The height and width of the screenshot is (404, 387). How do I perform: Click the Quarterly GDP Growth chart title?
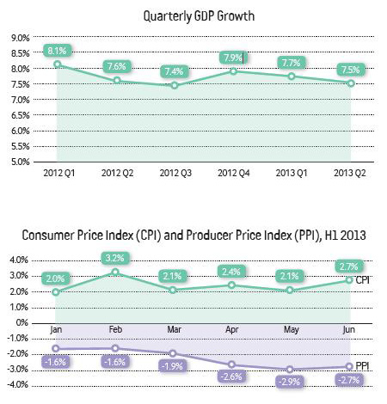tap(199, 16)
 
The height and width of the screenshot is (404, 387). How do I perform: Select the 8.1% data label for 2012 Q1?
tap(57, 51)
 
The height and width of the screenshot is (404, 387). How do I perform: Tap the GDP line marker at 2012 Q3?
tap(175, 85)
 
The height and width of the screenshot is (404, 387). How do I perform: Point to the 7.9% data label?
tap(233, 58)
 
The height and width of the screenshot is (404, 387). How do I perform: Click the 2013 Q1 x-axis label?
tap(292, 173)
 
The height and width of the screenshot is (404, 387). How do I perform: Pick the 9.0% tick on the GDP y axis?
tap(21, 38)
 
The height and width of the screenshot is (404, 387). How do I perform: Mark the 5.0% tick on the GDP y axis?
tap(21, 162)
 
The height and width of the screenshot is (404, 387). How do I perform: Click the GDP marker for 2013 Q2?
tap(351, 83)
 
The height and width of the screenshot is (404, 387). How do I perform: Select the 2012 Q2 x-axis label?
tap(117, 173)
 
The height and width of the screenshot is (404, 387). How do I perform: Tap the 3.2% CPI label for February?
tap(115, 258)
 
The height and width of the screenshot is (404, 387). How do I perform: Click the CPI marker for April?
tap(231, 285)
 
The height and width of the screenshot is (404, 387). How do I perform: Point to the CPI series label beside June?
tap(362, 279)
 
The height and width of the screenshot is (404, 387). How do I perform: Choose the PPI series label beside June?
tap(362, 366)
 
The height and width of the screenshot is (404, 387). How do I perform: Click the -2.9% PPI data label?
tap(290, 382)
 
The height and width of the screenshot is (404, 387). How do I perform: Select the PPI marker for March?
tap(173, 353)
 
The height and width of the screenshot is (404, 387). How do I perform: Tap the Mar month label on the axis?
tap(175, 329)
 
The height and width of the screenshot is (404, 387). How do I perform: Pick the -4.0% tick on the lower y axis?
tap(17, 384)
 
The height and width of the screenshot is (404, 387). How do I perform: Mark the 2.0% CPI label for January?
tap(56, 279)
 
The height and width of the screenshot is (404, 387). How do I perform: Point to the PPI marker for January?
tap(56, 348)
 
